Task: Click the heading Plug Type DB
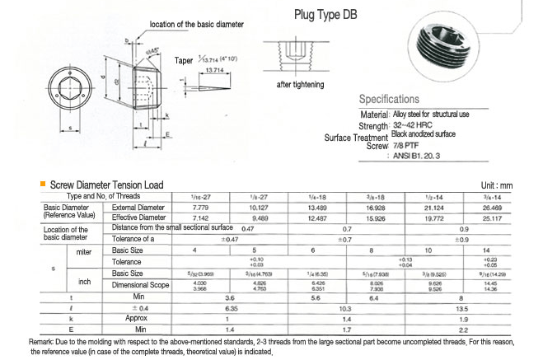[x=327, y=14]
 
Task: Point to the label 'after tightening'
[x=301, y=85]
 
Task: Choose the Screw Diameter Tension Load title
[x=106, y=185]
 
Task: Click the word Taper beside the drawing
[x=185, y=60]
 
